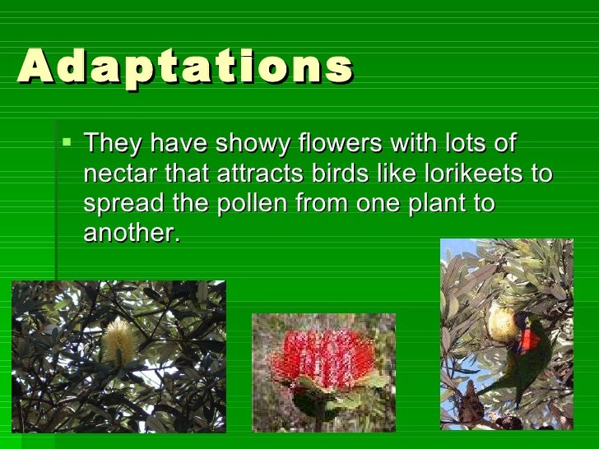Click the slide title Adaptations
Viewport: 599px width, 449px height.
click(185, 67)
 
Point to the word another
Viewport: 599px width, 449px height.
click(131, 233)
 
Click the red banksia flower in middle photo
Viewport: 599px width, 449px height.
click(323, 355)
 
